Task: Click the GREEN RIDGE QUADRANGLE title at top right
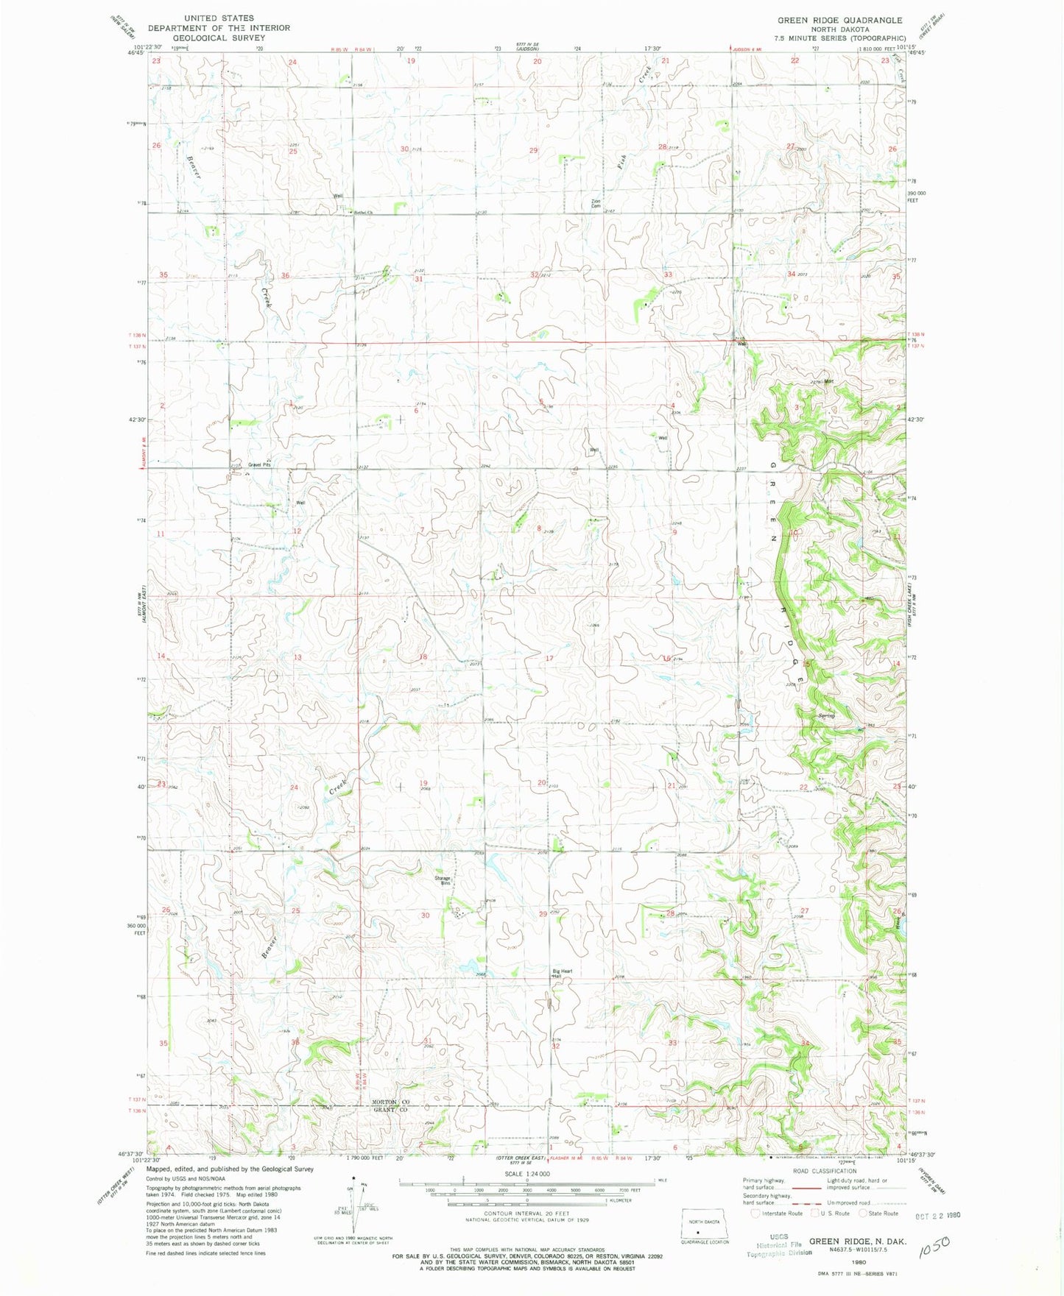834,21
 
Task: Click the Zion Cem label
596,204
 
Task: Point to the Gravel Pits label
259,464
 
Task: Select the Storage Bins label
442,880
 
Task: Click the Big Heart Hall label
563,974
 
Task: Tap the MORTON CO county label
390,1102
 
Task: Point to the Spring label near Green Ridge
825,716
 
